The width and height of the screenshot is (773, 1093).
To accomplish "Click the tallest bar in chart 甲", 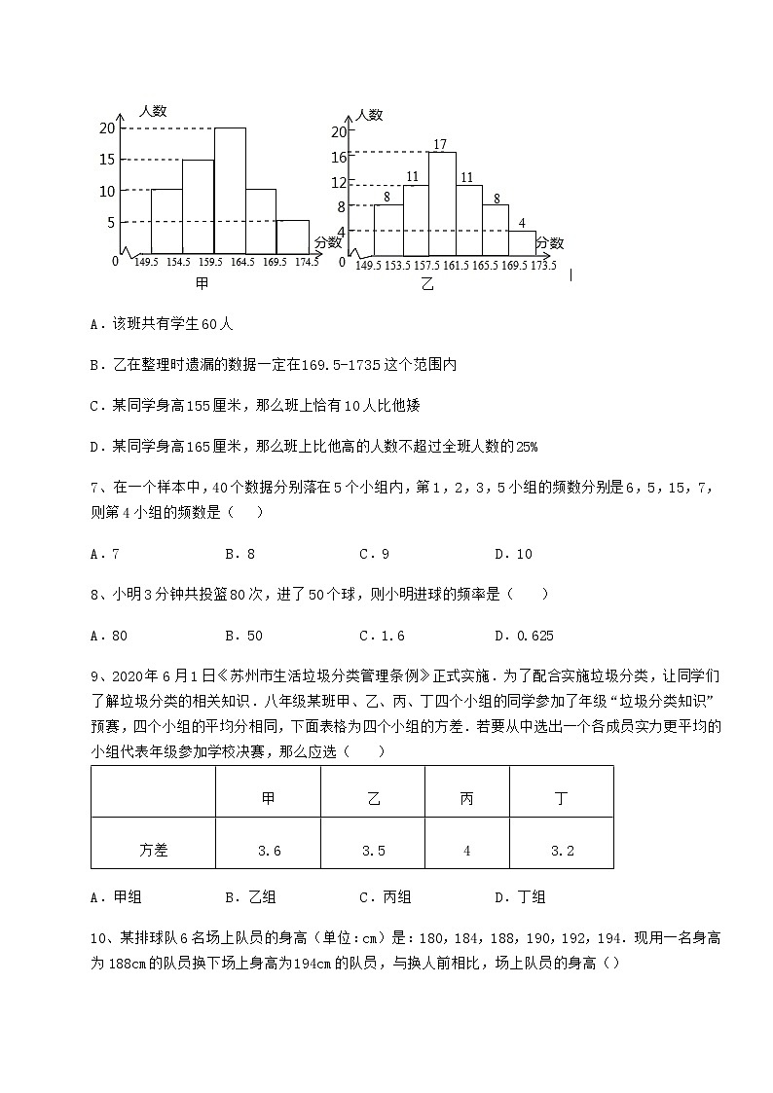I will click(x=230, y=191).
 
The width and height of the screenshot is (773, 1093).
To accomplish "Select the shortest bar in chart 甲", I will click(x=293, y=237).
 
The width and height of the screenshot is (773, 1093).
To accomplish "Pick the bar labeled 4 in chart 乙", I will click(x=522, y=244).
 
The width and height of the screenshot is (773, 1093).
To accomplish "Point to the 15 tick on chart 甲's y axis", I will click(x=107, y=160).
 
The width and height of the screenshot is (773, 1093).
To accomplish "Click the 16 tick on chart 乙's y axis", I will click(x=339, y=157).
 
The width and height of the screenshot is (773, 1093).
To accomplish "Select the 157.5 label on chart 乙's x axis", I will click(x=425, y=266).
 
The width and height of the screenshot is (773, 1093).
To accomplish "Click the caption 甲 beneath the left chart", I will click(x=202, y=283).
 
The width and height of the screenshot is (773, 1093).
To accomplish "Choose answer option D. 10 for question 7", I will click(x=513, y=554).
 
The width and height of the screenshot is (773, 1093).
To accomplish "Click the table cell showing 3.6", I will click(x=270, y=850).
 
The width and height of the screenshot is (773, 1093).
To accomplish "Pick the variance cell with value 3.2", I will click(x=562, y=850).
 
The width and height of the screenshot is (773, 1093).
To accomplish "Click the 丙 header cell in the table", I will click(x=466, y=798).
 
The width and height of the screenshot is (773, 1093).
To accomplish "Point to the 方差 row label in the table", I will click(x=154, y=850).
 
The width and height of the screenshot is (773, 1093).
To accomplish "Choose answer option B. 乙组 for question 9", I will click(x=250, y=897).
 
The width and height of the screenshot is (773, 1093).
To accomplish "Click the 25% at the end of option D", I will click(x=527, y=446).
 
